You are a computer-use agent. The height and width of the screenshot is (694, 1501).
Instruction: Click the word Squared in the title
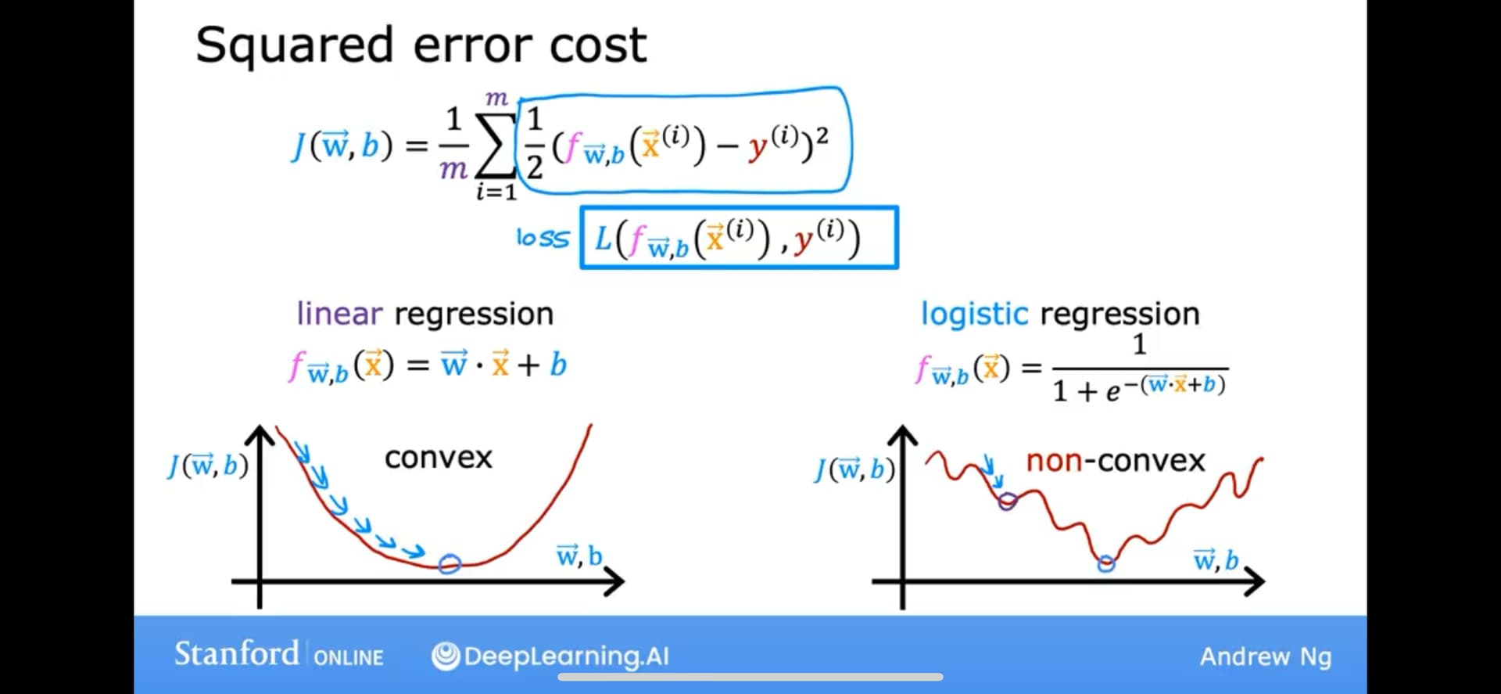294,46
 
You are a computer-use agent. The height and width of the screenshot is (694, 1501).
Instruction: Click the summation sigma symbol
496,144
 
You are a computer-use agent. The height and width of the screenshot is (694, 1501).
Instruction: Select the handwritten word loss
543,238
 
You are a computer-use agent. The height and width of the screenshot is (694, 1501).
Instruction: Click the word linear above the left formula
339,314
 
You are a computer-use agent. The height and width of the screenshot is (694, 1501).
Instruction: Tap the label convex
439,458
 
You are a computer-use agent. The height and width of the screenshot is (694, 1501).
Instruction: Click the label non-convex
1116,461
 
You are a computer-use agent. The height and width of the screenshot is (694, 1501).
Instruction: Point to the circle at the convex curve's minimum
450,563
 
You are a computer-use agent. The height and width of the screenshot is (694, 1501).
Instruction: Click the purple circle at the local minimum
1008,501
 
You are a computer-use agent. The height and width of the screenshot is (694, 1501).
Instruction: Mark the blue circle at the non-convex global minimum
1105,563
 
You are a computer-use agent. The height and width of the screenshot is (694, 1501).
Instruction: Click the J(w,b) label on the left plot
208,466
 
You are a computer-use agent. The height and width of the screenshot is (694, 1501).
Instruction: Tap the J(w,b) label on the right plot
854,469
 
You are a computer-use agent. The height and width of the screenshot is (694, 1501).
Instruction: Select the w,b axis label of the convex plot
579,556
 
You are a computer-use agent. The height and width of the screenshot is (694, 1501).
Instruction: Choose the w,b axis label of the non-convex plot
1216,559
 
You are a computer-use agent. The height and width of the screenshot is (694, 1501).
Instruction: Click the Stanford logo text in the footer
236,653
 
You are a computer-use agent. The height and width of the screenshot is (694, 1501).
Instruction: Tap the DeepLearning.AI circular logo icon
446,656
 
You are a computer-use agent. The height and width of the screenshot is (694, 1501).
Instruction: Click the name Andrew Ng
1266,656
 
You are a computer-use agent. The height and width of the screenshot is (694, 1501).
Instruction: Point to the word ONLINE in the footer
349,657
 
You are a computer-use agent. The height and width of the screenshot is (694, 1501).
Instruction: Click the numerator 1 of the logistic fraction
1139,344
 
